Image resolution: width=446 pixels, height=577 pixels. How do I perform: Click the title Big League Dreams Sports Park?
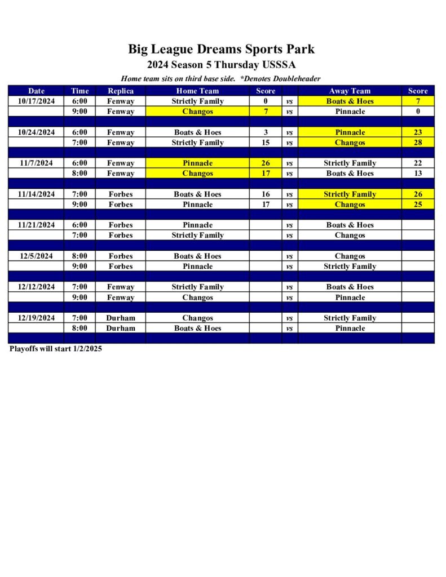pyautogui.click(x=221, y=49)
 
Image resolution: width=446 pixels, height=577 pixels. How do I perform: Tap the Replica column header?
pyautogui.click(x=121, y=91)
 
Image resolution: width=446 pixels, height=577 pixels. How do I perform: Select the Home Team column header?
pyautogui.click(x=197, y=91)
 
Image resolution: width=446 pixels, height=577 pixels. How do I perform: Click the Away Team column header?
pyautogui.click(x=350, y=91)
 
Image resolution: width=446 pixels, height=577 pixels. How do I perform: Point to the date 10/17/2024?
pyautogui.click(x=36, y=101)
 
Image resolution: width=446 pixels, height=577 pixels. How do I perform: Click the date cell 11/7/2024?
pyautogui.click(x=36, y=163)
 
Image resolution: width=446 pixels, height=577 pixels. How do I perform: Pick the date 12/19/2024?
pyautogui.click(x=36, y=318)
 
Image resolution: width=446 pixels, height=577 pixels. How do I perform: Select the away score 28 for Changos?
pyautogui.click(x=418, y=143)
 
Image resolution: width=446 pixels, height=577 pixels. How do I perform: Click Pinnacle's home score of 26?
pyautogui.click(x=266, y=163)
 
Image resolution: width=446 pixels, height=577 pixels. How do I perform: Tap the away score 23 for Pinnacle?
pyautogui.click(x=418, y=132)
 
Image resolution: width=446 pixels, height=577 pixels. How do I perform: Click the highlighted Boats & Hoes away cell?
pyautogui.click(x=350, y=101)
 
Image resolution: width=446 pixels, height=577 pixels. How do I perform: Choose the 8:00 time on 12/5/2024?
pyautogui.click(x=80, y=256)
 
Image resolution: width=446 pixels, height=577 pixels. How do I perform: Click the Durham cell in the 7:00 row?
pyautogui.click(x=121, y=318)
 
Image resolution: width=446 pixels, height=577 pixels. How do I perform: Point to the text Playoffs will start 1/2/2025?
pyautogui.click(x=56, y=349)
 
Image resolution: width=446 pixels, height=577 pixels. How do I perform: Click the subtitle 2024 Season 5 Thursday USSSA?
pyautogui.click(x=221, y=65)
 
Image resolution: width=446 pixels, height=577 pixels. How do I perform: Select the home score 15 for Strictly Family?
pyautogui.click(x=266, y=143)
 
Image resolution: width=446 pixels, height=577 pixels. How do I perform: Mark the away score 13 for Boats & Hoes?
pyautogui.click(x=418, y=174)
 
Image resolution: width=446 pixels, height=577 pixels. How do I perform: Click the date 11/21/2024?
pyautogui.click(x=36, y=225)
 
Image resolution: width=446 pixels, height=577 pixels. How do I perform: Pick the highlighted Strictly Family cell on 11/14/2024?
pyautogui.click(x=350, y=194)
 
